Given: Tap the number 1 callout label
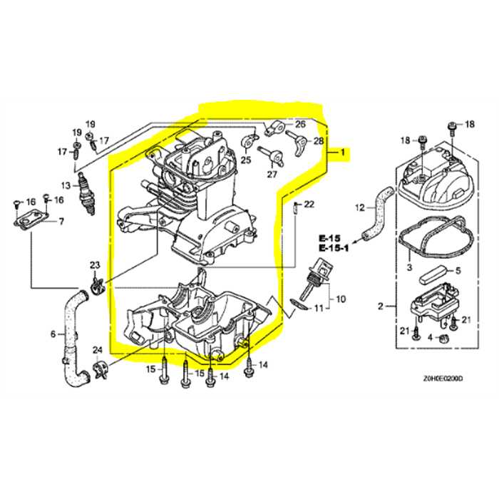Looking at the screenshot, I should [x=343, y=153].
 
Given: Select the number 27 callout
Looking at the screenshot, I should [x=272, y=175].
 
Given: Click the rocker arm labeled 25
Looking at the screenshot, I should [x=249, y=140].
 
